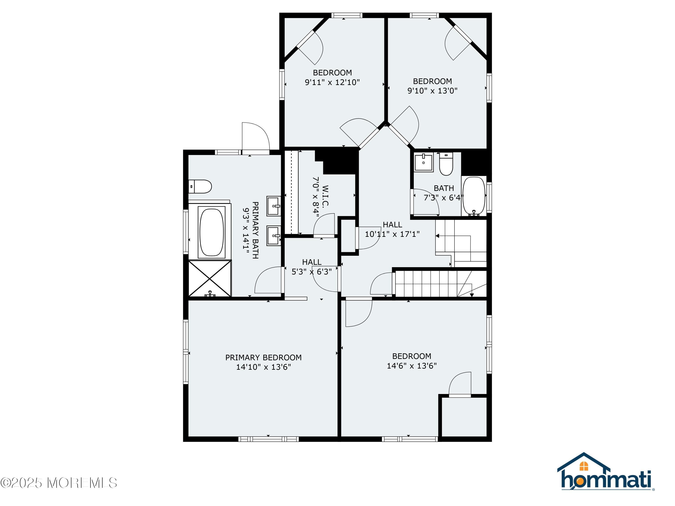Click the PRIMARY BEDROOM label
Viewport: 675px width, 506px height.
[263, 358]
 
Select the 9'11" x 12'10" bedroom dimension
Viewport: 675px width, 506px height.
[332, 82]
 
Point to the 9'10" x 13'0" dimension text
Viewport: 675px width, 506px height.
[432, 91]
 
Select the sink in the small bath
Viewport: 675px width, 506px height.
[423, 162]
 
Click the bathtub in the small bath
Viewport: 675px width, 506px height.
[474, 196]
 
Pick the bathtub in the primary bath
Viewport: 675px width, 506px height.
[211, 232]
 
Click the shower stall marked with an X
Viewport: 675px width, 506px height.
[210, 278]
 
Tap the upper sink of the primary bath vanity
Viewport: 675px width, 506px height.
[274, 206]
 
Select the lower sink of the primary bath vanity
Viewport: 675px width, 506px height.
[274, 235]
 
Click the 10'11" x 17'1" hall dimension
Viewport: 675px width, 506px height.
[392, 234]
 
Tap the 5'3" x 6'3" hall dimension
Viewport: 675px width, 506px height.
[312, 271]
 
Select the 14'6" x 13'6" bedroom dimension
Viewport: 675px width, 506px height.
[412, 366]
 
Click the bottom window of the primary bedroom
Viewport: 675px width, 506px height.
[268, 439]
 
